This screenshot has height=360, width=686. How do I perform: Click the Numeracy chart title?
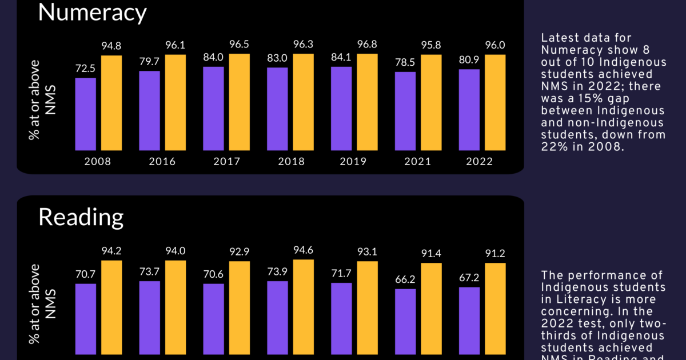(x=92, y=13)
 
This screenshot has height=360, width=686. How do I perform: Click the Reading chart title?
(x=81, y=217)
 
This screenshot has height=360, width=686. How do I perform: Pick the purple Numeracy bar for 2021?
(x=405, y=111)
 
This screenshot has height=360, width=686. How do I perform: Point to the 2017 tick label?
(x=227, y=162)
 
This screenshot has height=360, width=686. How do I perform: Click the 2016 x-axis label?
(x=162, y=162)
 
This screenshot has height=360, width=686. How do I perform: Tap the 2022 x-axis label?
(x=479, y=162)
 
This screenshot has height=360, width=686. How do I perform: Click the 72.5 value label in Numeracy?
(x=86, y=68)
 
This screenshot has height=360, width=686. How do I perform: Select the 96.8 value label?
(x=368, y=44)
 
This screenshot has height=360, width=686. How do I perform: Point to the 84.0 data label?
(x=213, y=57)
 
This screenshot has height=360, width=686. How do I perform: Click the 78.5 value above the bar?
(x=405, y=62)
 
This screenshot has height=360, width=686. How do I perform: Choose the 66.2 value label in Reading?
(x=405, y=279)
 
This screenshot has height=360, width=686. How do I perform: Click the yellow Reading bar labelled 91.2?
(x=496, y=311)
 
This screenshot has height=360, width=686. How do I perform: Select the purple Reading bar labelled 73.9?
(x=277, y=321)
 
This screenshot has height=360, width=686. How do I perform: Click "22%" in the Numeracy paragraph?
(x=552, y=146)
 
